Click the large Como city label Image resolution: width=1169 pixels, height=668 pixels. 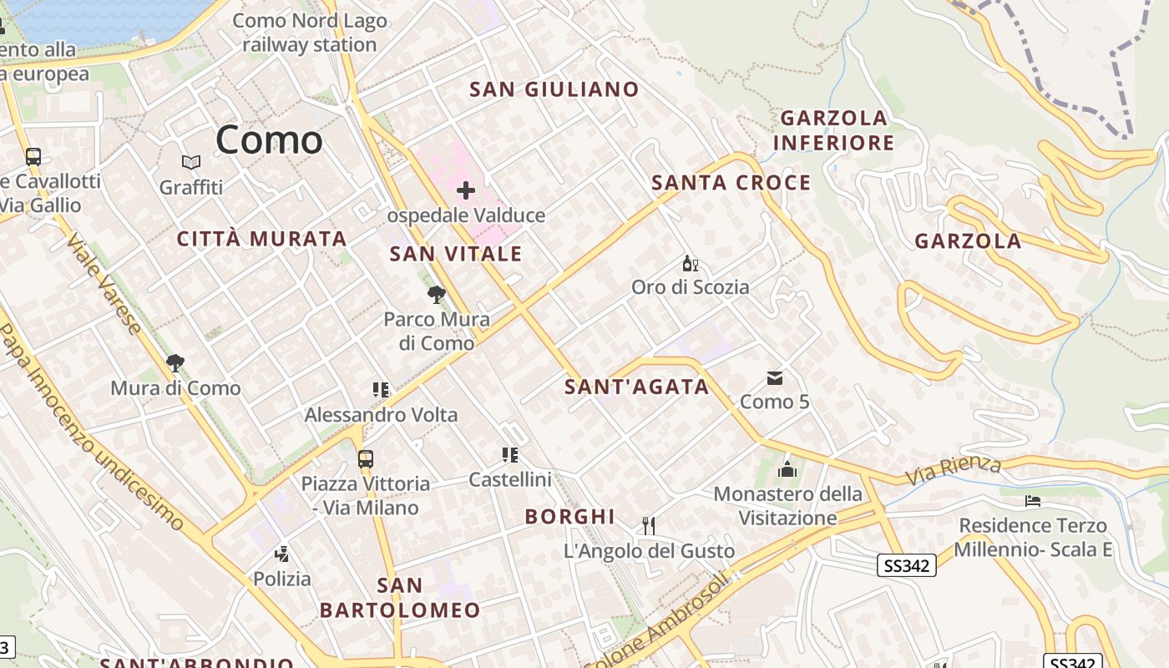coord(269,140)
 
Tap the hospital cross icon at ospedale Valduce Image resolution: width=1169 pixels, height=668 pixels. coord(466,190)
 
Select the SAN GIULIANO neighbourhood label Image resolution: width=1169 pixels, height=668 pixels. coord(554,89)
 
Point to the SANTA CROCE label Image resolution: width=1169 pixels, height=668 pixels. coord(731,183)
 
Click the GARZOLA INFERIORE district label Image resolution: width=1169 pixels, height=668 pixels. coord(833,130)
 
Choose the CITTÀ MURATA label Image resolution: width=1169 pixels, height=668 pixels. coord(262,239)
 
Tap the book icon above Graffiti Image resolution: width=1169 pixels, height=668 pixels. coord(191,162)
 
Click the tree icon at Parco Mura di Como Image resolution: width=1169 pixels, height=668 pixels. coord(436,294)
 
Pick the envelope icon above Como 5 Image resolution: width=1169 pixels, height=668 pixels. coord(775,378)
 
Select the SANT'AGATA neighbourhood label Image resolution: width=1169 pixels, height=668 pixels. coord(637,387)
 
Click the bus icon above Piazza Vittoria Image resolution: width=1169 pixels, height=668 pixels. coord(366,458)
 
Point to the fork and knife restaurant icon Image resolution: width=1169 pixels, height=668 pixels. coord(649,525)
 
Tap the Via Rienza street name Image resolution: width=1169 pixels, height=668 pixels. coord(954,470)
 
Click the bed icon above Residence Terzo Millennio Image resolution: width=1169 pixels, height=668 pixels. coord(1033,501)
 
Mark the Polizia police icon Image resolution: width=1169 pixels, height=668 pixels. coord(282,554)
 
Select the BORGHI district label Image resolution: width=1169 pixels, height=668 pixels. coord(569,517)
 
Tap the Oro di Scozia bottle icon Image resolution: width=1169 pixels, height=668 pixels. coord(690,265)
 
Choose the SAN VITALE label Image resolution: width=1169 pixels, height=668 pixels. coord(456,255)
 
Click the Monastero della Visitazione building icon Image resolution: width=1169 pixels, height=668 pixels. coord(787,470)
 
